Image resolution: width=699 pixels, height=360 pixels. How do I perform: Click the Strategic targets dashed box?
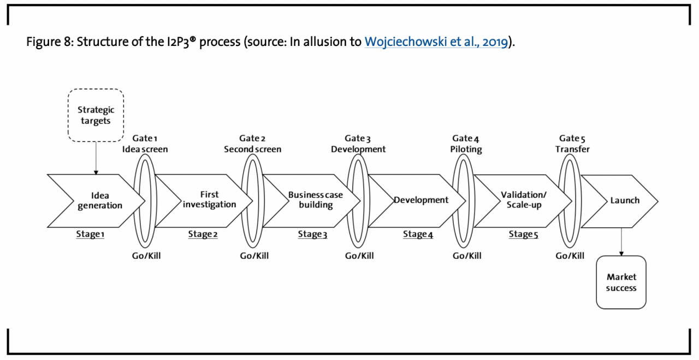coord(96,115)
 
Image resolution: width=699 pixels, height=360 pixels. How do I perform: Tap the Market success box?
coord(621,282)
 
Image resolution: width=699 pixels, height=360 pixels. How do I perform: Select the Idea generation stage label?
coord(100,200)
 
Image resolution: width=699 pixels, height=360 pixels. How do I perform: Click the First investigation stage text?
coord(209,199)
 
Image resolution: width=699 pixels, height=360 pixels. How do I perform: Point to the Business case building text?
coord(316,200)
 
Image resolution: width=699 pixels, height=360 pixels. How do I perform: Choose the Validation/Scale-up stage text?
coord(523,200)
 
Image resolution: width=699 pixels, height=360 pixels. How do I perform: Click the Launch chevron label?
coord(625,200)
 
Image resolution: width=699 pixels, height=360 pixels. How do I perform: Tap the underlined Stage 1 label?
coord(90,234)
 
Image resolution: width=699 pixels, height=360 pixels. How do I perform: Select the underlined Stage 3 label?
coord(312,234)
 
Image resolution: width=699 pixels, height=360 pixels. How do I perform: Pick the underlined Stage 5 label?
coord(523,234)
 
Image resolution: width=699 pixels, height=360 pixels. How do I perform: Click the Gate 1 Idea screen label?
coord(145,144)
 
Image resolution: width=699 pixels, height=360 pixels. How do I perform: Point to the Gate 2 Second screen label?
coord(253,144)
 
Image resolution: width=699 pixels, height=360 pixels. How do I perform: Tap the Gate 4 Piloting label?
coord(467,144)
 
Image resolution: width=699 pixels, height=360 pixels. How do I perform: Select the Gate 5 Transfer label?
coord(573,144)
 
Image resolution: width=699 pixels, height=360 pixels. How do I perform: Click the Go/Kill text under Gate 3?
coord(360,256)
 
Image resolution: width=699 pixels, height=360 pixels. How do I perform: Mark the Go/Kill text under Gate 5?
coord(570,256)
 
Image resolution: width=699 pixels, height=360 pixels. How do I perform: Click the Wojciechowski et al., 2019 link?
coord(436,42)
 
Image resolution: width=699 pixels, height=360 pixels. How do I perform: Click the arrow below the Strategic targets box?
coord(96,158)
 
